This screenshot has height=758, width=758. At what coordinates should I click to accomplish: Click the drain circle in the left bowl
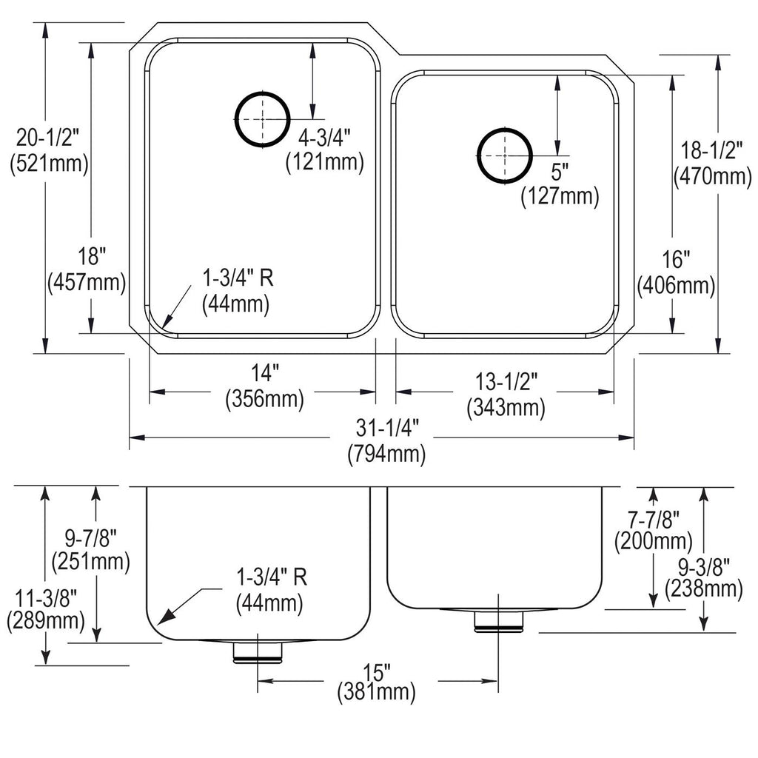coord(235,119)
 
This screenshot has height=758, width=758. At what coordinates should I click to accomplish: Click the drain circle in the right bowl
coord(479,155)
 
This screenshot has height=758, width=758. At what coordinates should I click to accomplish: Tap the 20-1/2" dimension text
coord(47,138)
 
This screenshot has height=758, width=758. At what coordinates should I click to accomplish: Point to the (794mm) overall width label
coord(386,455)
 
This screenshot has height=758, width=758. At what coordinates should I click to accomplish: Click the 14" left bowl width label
coord(265,373)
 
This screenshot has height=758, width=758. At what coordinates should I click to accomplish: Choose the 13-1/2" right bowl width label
coord(506,382)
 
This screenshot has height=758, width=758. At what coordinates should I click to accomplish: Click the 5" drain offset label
coord(560,172)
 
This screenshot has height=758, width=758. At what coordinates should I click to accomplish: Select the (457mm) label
coord(87,282)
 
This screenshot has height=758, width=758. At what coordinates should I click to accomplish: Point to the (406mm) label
coord(676,285)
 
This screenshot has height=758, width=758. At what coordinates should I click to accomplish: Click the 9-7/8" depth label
coord(91,538)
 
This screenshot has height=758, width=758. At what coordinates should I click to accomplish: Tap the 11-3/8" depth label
coord(47,598)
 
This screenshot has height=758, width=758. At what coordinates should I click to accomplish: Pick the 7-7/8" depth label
coord(654,520)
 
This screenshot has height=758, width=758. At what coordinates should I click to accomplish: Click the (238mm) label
coord(704,588)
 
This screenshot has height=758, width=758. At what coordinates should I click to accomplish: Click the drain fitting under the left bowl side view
coord(258,653)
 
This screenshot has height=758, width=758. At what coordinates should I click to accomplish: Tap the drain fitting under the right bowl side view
coord(498,621)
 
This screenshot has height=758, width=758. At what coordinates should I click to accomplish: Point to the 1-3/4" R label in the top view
coord(238,278)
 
